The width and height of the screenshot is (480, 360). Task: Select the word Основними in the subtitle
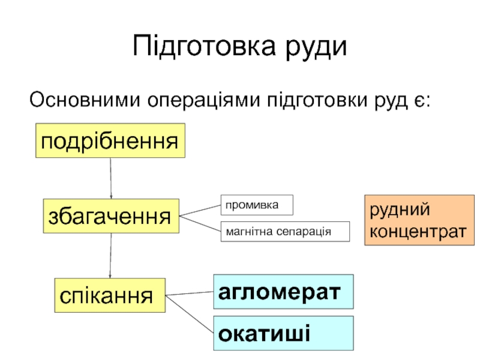pos(84,99)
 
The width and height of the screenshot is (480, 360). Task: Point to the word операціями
pos(203,99)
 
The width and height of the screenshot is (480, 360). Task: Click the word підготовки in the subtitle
pos(314,99)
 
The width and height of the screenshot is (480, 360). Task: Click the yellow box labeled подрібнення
pos(110,141)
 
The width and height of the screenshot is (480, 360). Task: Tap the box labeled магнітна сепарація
pos(285,232)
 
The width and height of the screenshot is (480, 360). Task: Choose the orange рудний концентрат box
pos(416,221)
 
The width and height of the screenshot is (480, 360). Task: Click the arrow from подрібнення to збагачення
pos(111,178)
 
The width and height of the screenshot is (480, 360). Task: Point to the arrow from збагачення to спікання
pos(110,255)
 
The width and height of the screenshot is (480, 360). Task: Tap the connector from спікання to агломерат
pos(190,294)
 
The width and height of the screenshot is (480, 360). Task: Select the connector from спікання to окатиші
pos(190,312)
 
